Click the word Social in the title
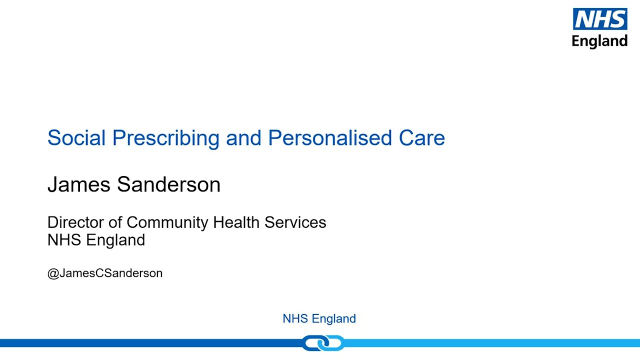coord(76,138)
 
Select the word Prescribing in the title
coord(165,138)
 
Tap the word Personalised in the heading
coord(330,138)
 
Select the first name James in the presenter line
coord(79,184)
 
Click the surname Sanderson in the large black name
coord(168,184)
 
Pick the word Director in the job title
coord(75,222)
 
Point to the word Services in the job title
coord(295,222)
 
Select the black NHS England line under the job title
coord(96,240)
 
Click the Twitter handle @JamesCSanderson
coord(104,273)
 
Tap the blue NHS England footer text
coord(319,318)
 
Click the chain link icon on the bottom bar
coord(323,343)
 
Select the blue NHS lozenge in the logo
coord(599,19)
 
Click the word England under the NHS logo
coord(599,41)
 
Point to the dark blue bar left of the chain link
coord(150,343)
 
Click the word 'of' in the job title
coord(115,222)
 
